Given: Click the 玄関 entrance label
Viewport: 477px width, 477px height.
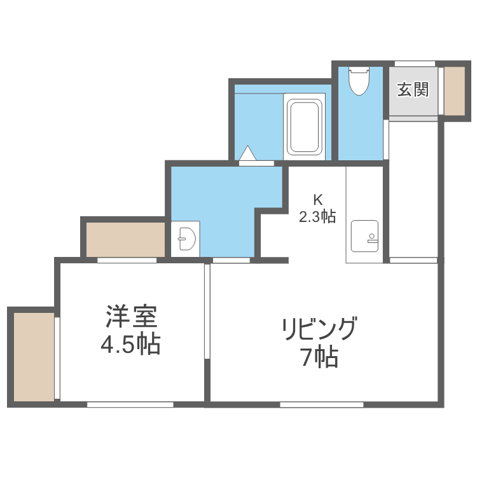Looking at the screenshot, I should point(413,90).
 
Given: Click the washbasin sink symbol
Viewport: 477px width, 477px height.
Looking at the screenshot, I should point(186,240).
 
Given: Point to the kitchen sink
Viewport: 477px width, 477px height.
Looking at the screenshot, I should point(364,237).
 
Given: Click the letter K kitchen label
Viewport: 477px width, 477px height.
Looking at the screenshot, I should point(317,198).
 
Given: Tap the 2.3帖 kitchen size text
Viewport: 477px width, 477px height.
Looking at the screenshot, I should point(317,216).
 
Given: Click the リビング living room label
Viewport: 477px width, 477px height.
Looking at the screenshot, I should point(319,329).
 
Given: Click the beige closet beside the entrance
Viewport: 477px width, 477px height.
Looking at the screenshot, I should point(455,90).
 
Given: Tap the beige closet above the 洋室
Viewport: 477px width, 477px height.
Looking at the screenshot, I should point(125,239).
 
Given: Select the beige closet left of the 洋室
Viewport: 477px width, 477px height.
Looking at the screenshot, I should point(34,356).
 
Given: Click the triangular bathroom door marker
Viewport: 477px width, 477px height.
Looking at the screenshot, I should point(247,154).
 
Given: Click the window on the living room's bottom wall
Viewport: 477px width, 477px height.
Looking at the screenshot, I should point(321,404).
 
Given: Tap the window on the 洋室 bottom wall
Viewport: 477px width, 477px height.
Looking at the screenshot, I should point(130,404).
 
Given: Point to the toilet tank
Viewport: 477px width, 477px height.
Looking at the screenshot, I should point(359,70).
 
